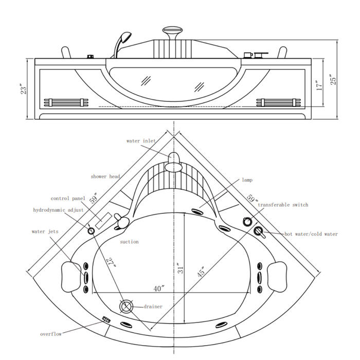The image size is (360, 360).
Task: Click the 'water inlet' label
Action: (140, 141)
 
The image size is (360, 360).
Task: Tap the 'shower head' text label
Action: (106, 176)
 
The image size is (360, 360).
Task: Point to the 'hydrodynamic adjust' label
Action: (58, 210)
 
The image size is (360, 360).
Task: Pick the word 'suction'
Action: (129, 242)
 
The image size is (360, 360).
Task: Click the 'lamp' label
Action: (247, 181)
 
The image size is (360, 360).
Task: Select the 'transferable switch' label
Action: (283, 205)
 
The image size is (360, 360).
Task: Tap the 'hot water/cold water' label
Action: (311, 235)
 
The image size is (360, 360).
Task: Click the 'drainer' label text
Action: (153, 307)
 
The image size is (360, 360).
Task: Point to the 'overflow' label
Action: (51, 334)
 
